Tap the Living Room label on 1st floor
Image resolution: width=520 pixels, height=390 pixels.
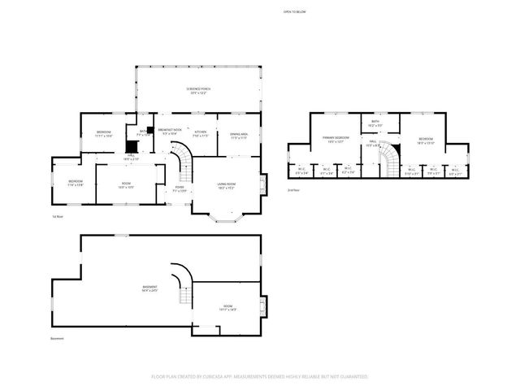point(226,186)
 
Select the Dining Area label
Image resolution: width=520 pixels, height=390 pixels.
point(239,136)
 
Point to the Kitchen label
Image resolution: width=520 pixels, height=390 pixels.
point(200,132)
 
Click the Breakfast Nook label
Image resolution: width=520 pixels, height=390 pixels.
point(170,132)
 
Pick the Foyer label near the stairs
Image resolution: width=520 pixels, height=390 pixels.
point(180,188)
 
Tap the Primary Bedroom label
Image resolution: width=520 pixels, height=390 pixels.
point(336,140)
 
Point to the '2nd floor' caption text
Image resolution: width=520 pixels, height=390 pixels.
point(294,189)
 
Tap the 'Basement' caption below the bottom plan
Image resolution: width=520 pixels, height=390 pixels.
point(57,339)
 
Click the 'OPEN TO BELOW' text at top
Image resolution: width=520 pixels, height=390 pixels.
point(294,12)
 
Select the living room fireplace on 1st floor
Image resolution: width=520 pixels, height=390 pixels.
point(261,183)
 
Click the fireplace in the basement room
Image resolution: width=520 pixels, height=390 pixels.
point(261,307)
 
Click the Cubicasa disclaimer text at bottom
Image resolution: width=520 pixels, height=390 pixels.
point(259,377)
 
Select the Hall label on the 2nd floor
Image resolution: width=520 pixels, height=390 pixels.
point(373,144)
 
